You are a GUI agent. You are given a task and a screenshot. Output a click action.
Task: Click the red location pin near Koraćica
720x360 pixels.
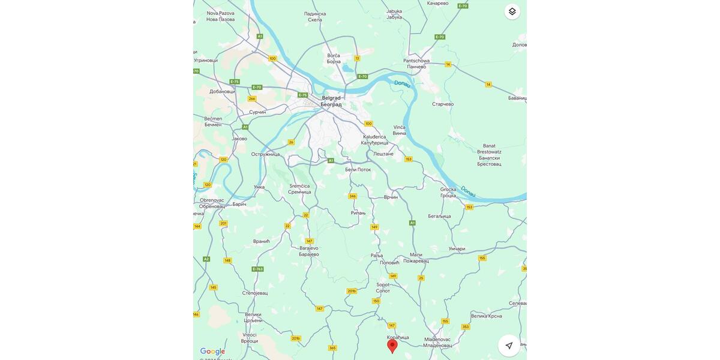392,346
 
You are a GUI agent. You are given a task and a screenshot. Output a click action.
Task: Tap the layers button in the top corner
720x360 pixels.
512,11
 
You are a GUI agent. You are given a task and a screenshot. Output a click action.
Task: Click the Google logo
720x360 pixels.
213,352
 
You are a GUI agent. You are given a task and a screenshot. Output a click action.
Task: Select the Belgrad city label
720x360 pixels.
331,101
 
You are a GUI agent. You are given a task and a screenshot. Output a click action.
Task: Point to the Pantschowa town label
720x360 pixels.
416,63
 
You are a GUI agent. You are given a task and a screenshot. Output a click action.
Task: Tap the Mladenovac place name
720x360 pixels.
437,342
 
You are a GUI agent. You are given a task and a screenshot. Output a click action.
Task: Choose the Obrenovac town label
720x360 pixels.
212,203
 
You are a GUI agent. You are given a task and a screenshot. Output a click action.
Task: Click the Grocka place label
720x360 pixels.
448,192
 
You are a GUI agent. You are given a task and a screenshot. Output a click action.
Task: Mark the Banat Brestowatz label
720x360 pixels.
489,155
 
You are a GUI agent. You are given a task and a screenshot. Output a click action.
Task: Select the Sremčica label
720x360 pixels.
300,188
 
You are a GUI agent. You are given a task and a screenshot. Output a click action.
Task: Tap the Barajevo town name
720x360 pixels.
309,251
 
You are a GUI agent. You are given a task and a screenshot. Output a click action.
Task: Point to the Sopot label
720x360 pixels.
383,287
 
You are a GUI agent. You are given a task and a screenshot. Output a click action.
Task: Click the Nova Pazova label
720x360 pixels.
220,16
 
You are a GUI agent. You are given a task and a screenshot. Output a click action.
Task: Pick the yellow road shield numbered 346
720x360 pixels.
352,196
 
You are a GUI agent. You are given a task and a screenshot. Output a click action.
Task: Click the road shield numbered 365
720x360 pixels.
332,348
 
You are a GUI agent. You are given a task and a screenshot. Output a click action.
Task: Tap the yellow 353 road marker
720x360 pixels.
466,327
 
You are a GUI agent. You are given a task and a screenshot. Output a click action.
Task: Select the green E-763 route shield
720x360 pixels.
257,269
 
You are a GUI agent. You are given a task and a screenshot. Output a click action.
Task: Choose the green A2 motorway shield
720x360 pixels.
206,259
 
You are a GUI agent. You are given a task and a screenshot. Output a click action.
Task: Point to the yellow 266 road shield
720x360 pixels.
252,98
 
